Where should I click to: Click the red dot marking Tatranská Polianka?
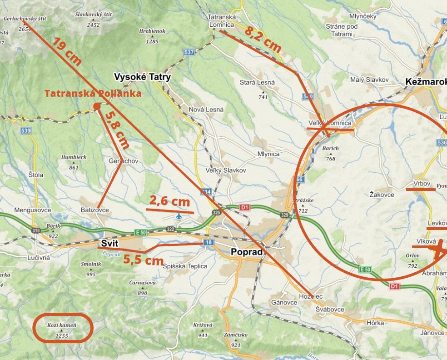pyautogui.click(x=96, y=106)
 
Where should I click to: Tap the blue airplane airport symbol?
pyautogui.click(x=179, y=216)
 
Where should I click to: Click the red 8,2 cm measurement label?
pyautogui.click(x=263, y=38)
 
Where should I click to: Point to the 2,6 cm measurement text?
pyautogui.click(x=169, y=201)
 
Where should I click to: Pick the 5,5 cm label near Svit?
pyautogui.click(x=143, y=260)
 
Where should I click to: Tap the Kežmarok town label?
pyautogui.click(x=425, y=82)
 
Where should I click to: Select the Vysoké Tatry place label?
pyautogui.click(x=142, y=77)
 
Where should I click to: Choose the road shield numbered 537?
pyautogui.click(x=189, y=52)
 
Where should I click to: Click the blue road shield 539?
pyautogui.click(x=25, y=131)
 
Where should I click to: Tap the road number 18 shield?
pyautogui.click(x=208, y=242)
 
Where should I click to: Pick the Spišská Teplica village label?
pyautogui.click(x=185, y=266)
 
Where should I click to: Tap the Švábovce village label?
pyautogui.click(x=330, y=310)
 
